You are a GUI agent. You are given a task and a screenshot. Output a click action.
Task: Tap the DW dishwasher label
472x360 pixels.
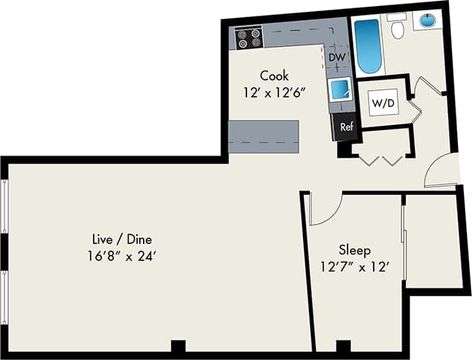(x=337, y=57)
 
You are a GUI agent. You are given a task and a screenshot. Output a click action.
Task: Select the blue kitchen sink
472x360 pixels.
(x=342, y=89)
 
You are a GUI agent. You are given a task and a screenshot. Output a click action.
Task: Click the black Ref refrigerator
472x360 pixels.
(x=346, y=126)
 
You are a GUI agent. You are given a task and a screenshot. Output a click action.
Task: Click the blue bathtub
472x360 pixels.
(x=367, y=46)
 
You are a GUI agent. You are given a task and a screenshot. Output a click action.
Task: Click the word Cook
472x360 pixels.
(x=274, y=75)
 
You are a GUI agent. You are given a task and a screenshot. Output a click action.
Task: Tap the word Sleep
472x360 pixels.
(x=354, y=250)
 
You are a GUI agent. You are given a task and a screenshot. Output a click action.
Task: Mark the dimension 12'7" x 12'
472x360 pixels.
(x=354, y=266)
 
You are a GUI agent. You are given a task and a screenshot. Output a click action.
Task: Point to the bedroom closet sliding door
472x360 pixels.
(x=404, y=242)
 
